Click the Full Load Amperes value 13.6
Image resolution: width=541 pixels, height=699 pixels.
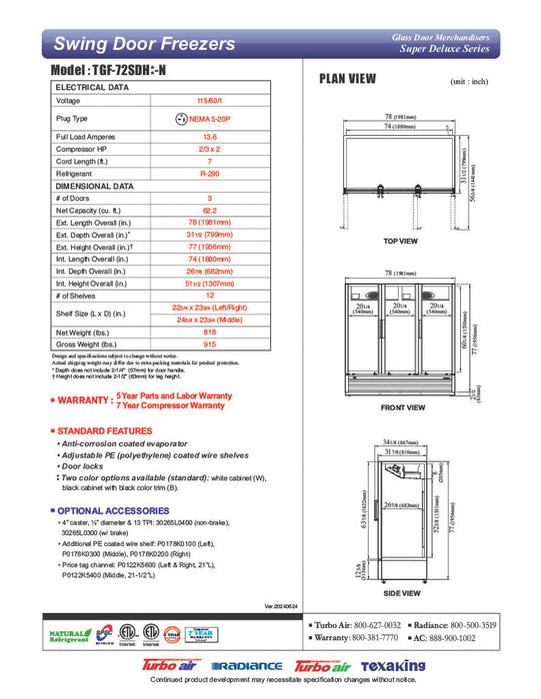(x=210, y=136)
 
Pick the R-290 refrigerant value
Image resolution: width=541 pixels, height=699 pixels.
(x=210, y=173)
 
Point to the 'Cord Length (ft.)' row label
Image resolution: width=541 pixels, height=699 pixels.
(x=88, y=161)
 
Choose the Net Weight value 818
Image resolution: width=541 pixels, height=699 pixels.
(x=210, y=332)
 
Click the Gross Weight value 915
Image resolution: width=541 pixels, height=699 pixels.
(x=210, y=345)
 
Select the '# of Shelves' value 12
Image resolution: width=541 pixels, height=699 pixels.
(x=210, y=296)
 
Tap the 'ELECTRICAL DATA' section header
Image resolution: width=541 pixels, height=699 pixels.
(x=92, y=87)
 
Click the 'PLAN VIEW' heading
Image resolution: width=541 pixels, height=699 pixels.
(x=347, y=79)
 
